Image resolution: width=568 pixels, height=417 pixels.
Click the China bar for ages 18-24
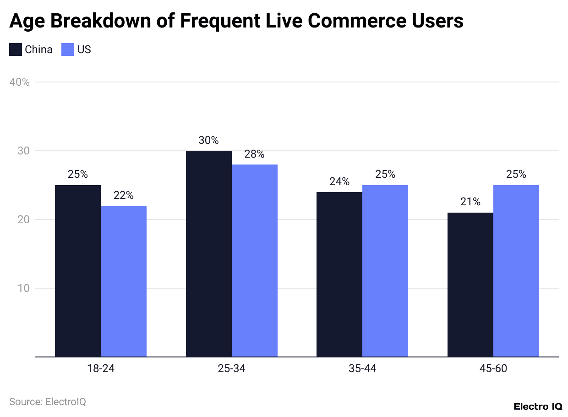(78, 271)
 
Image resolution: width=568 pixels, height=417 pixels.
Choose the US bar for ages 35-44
(385, 271)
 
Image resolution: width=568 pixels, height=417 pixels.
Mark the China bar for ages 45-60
(470, 285)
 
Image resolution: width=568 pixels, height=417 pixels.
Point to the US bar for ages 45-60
(516, 271)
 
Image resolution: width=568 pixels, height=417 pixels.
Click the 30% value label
(208, 140)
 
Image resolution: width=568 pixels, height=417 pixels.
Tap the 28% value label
(255, 154)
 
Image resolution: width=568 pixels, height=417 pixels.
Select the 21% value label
(470, 202)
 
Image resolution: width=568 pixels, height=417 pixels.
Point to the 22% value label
(124, 195)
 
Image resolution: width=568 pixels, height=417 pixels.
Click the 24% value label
(339, 181)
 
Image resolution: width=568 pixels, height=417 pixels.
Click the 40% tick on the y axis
(19, 82)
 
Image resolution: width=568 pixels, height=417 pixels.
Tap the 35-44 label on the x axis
(362, 369)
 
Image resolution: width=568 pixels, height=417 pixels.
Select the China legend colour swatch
(16, 49)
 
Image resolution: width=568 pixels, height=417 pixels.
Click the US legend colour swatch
(68, 49)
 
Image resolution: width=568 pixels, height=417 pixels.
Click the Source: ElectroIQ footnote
(48, 402)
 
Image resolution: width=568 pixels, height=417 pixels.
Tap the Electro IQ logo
(538, 406)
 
